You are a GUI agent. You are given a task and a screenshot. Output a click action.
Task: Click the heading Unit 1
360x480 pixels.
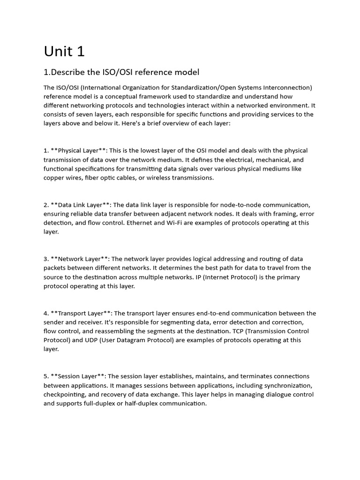click(64, 51)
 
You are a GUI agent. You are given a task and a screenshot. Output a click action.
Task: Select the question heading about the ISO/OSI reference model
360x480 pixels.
click(121, 72)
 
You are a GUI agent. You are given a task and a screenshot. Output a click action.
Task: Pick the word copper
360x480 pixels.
click(54, 178)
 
